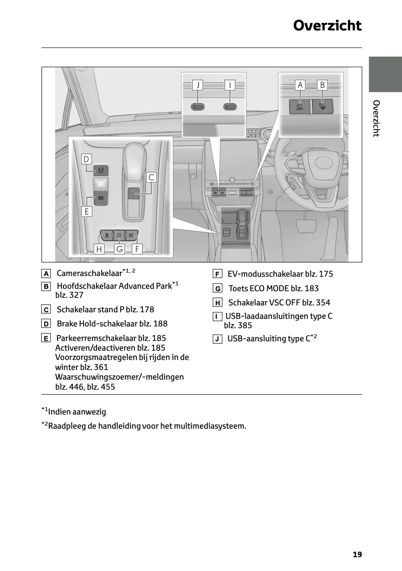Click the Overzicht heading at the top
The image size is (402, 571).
tap(327, 26)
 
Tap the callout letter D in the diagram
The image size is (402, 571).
tap(86, 159)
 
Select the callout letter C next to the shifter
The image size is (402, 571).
tap(151, 177)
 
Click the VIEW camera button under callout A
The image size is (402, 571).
tap(300, 106)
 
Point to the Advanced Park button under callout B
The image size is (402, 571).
tap(323, 106)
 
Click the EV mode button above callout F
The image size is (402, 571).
tap(131, 234)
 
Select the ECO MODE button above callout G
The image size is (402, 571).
tap(119, 234)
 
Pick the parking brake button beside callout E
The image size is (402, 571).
tap(101, 198)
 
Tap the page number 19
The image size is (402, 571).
tap(357, 554)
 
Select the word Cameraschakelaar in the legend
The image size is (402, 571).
tap(89, 273)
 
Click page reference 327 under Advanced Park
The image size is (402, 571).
tap(76, 295)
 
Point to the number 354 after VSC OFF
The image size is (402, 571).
tap(323, 303)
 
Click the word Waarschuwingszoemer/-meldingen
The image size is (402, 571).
tap(119, 377)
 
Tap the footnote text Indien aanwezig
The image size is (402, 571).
tap(77, 412)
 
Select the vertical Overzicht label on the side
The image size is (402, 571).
tap(376, 118)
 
